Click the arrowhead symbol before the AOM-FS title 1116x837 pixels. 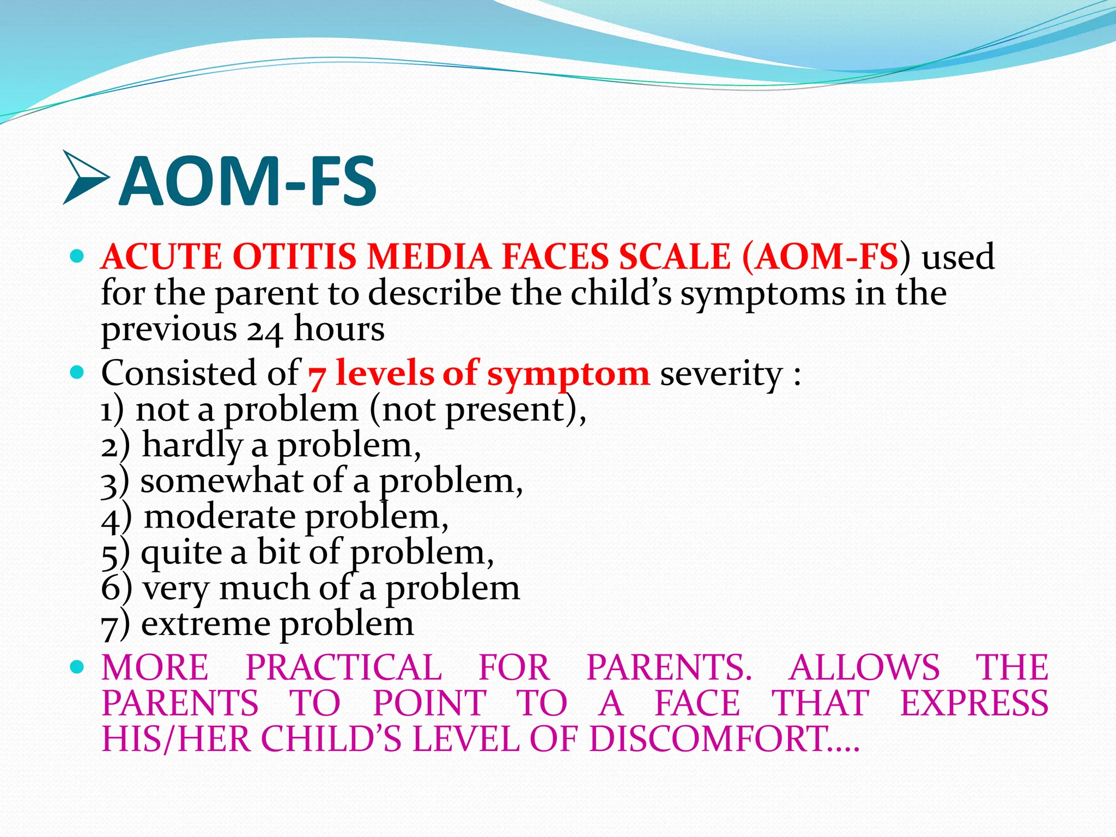click(84, 178)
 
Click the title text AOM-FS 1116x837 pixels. click(248, 181)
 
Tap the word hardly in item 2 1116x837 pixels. click(192, 446)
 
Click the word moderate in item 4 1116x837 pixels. click(220, 517)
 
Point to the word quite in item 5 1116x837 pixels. click(181, 554)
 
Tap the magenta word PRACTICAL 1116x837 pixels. click(343, 668)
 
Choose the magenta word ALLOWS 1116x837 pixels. click(864, 668)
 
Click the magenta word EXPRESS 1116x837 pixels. click(974, 703)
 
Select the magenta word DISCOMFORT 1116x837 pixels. click(708, 739)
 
